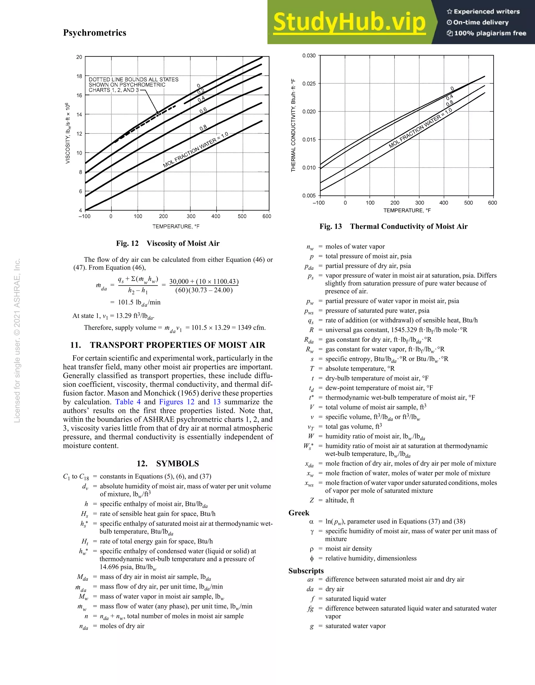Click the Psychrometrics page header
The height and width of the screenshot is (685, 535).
(x=94, y=33)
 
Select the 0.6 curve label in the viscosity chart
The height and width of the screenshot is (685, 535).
(x=203, y=110)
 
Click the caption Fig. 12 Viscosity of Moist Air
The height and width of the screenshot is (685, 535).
(x=168, y=243)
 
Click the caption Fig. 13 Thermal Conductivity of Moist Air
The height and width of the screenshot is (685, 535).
(x=393, y=226)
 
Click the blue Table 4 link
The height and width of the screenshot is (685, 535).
(x=128, y=402)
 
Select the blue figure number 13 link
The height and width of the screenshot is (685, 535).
(x=217, y=402)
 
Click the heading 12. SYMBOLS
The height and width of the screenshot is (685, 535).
(x=168, y=463)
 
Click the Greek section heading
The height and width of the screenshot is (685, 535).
(x=299, y=513)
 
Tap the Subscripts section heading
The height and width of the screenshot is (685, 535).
(x=306, y=571)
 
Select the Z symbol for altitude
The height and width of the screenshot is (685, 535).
(x=312, y=500)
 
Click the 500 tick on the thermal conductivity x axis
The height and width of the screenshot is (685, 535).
(x=468, y=203)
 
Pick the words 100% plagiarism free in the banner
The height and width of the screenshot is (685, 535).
(x=490, y=33)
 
